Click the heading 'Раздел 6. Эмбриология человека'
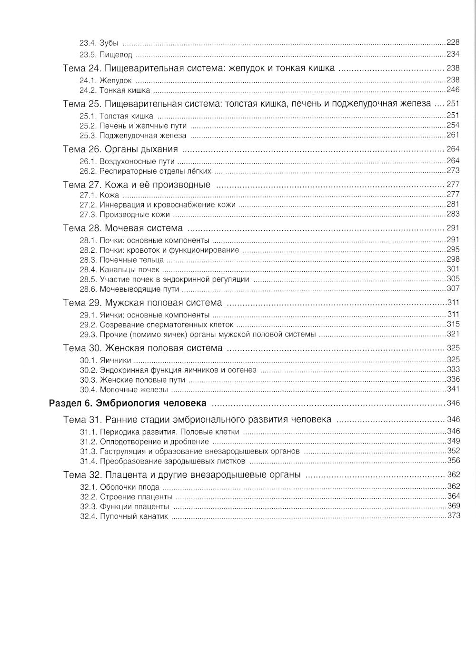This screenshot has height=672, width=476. click(x=128, y=404)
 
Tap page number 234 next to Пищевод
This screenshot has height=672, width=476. click(x=453, y=54)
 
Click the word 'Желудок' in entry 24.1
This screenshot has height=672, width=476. click(x=115, y=80)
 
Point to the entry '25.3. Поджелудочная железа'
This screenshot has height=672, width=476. click(x=133, y=136)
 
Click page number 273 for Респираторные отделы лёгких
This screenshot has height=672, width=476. click(x=453, y=171)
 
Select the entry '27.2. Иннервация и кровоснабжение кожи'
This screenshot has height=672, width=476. click(x=157, y=205)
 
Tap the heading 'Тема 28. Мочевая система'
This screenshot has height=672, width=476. click(x=123, y=228)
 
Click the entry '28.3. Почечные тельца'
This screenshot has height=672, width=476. click(x=121, y=260)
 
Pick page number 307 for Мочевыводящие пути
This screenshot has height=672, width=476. click(x=453, y=288)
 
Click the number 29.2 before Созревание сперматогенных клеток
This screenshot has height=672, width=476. click(x=88, y=325)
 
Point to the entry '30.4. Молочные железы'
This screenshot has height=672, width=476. click(x=124, y=390)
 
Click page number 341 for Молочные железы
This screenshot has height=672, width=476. click(x=453, y=389)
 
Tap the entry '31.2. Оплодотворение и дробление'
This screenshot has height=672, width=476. click(x=137, y=442)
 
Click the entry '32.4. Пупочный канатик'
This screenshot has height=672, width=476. click(x=124, y=516)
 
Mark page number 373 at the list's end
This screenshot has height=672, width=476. click(x=454, y=515)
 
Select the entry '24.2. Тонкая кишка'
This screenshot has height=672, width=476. click(x=114, y=90)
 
